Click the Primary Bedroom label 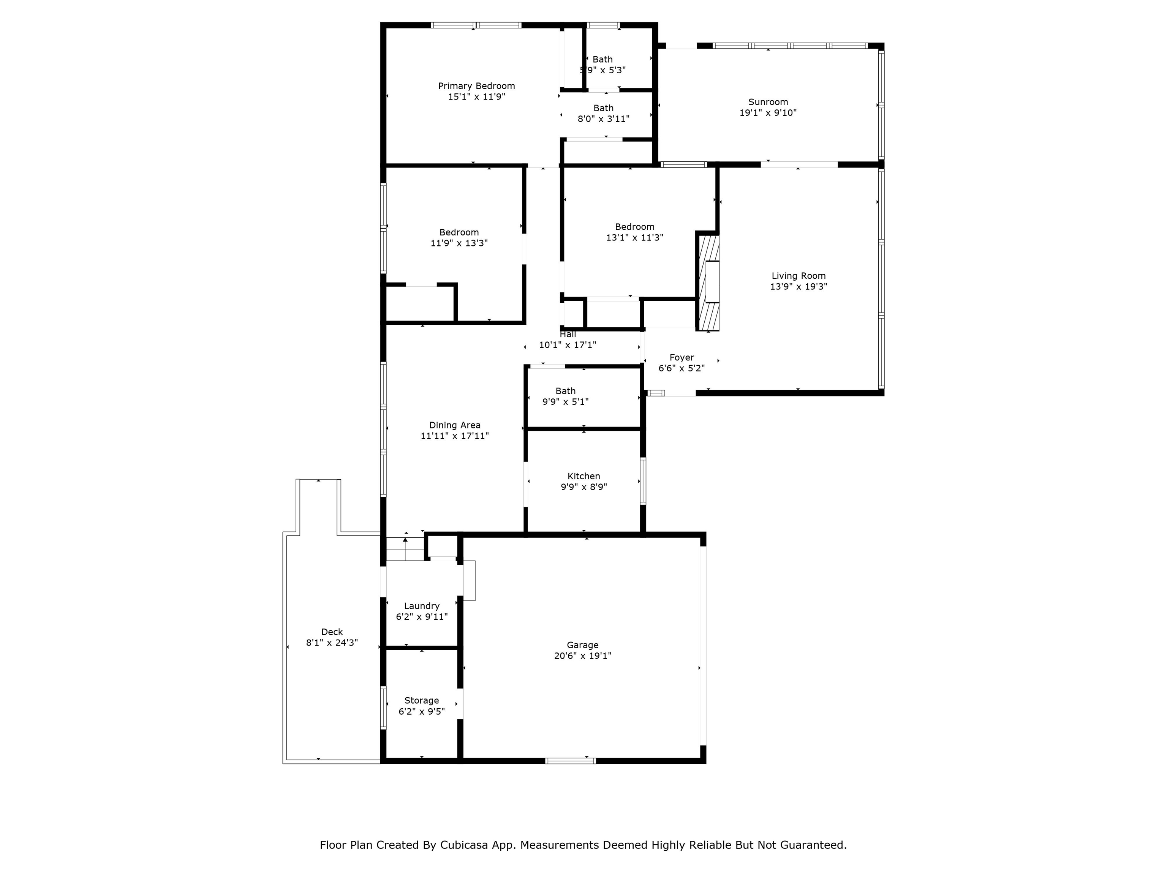coord(476,86)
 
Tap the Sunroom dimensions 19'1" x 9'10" coord(768,113)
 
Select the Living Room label coord(798,276)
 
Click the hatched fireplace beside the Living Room coord(708,283)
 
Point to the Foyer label coord(681,358)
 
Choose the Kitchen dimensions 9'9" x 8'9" coord(583,487)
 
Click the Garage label coord(582,645)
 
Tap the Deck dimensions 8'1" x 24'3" coord(332,643)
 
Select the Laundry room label coord(422,606)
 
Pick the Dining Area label coord(454,425)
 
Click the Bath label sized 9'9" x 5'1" coord(565,391)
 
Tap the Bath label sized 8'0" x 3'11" coord(603,108)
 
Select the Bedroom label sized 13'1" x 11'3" coord(634,227)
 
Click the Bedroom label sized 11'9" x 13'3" coord(459,232)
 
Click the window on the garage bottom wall coord(570,761)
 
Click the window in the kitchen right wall coord(643,481)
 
